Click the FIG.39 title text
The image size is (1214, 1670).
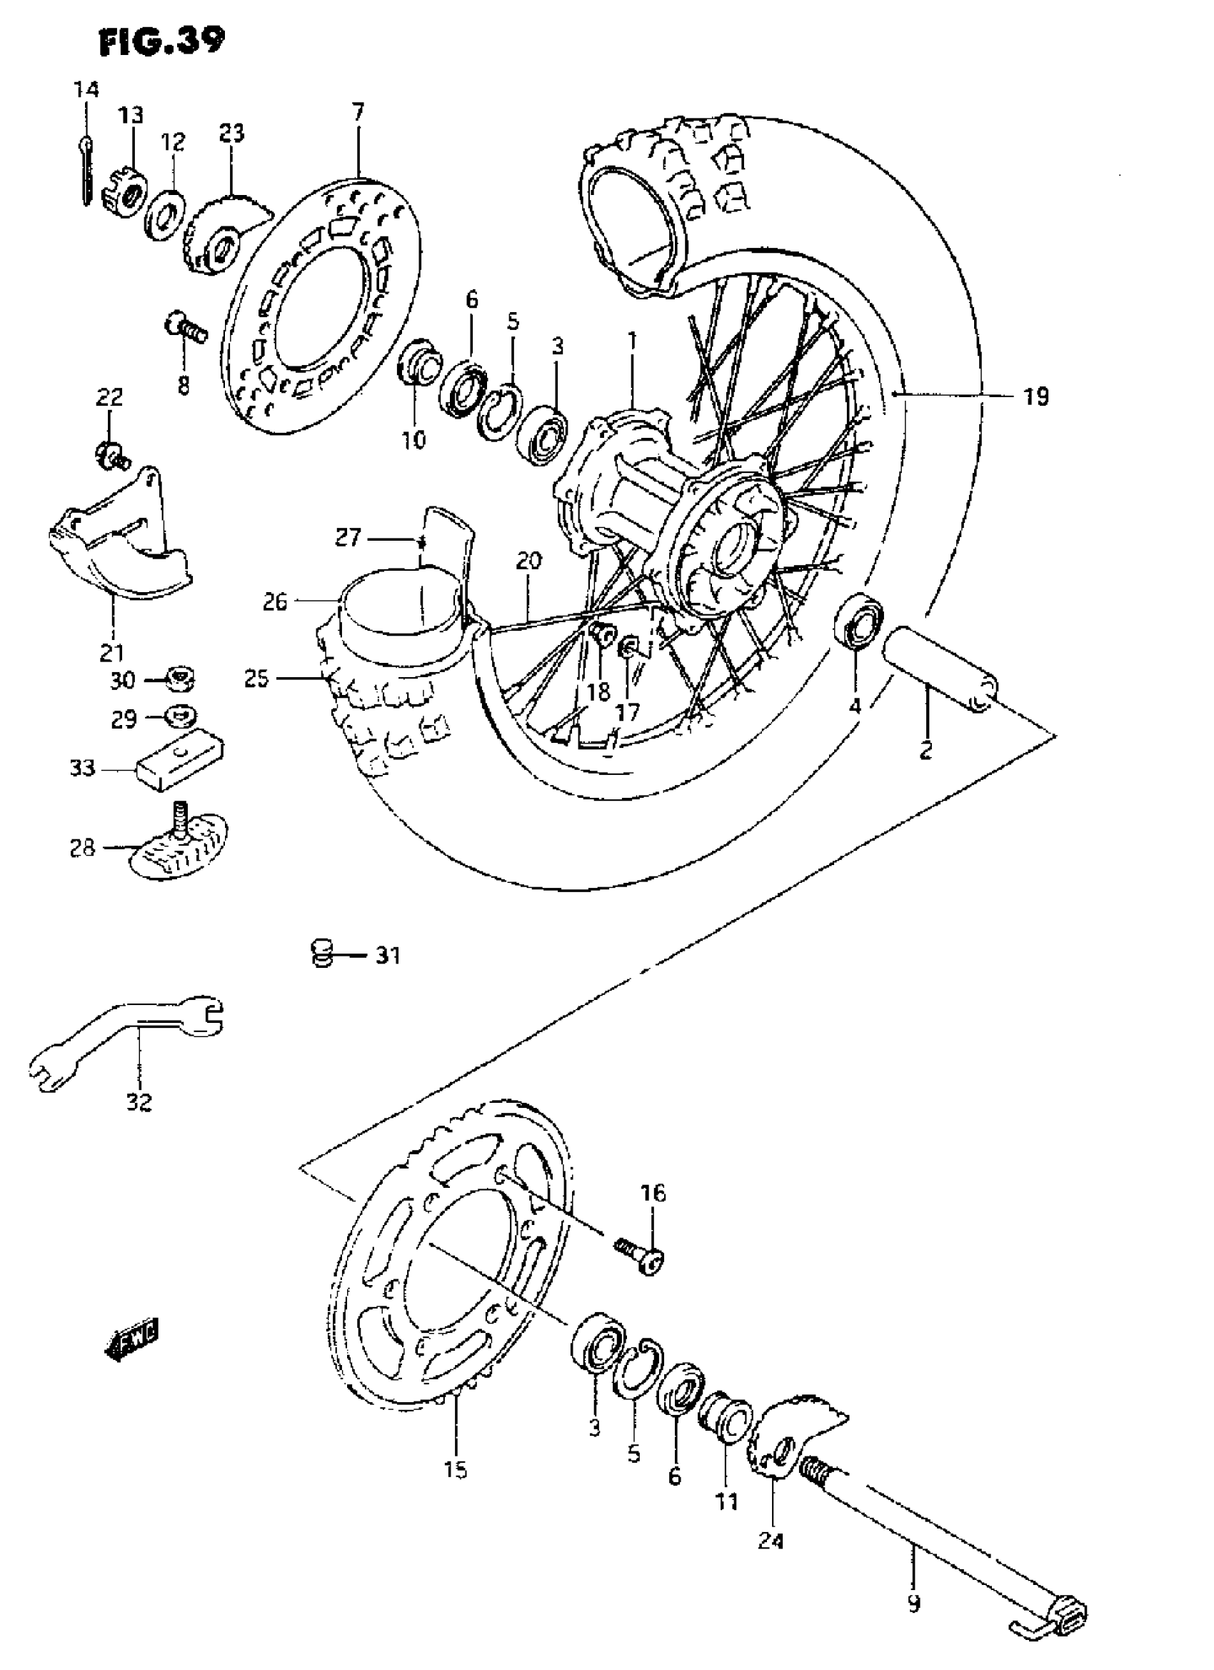(162, 41)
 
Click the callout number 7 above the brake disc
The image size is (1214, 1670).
(358, 113)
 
